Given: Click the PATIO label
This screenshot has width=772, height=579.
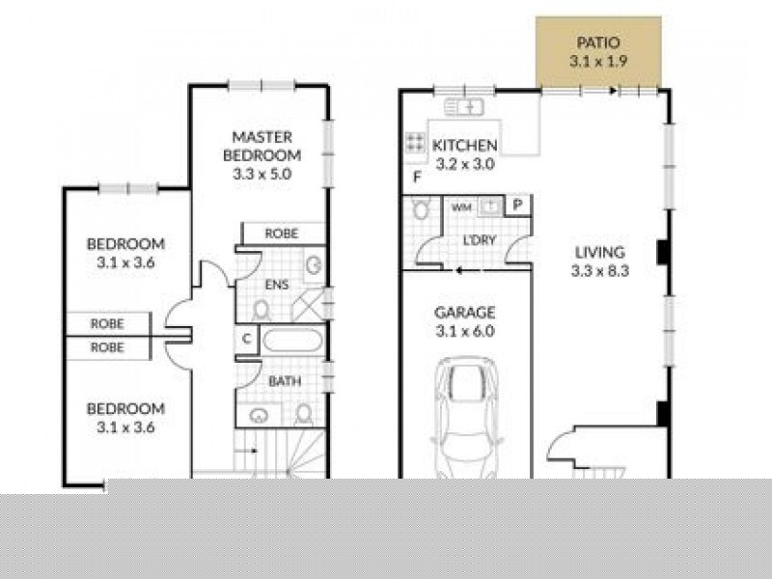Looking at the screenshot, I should tap(598, 42).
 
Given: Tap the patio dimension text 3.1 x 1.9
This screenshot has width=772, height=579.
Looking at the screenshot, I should tap(598, 60).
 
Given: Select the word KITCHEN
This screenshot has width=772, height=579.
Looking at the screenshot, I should tap(464, 146).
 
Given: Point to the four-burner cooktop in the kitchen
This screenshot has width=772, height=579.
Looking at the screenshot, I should tap(415, 142).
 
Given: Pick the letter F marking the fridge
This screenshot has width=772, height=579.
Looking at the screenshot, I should tap(417, 177).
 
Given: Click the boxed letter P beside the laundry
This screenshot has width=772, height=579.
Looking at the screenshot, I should tap(517, 205).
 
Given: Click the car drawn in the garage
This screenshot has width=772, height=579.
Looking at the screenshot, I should tap(466, 420).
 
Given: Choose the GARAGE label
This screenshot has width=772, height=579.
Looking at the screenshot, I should tap(464, 313).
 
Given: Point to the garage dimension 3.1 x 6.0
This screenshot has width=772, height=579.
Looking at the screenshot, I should tap(464, 331).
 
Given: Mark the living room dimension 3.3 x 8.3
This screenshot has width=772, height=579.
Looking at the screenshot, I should tap(600, 271).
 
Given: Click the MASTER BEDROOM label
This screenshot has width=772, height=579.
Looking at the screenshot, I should tap(262, 146).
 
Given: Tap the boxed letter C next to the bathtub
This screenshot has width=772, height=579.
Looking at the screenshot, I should tap(246, 340).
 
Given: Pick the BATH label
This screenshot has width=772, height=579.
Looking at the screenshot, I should tap(284, 381).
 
